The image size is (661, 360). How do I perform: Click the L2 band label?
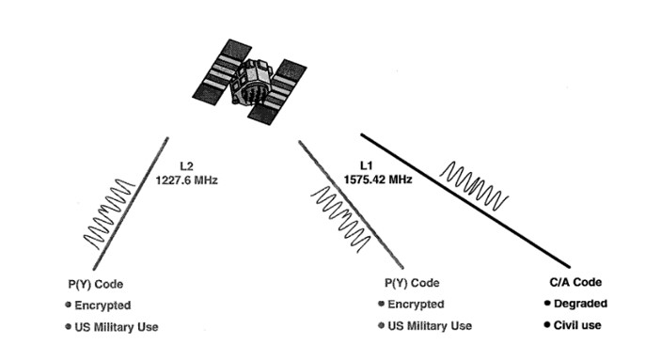tap(186, 166)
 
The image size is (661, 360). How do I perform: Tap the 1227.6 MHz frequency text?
tap(187, 180)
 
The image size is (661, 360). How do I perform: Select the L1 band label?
tap(367, 165)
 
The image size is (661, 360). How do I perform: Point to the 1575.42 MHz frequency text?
tap(378, 180)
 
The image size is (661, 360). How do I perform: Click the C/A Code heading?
tap(575, 282)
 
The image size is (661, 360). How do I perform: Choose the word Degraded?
tap(580, 304)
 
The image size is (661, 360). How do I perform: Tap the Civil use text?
tap(577, 325)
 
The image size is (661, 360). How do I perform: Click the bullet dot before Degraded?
tap(547, 303)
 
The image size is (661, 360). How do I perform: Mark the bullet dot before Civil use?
tap(547, 324)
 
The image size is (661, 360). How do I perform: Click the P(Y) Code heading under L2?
tap(96, 284)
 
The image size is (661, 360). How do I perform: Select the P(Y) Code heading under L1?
tap(412, 283)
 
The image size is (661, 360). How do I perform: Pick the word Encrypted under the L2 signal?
tap(102, 305)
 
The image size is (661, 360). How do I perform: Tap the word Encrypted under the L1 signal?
tap(416, 305)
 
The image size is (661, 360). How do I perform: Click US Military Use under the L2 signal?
tap(117, 327)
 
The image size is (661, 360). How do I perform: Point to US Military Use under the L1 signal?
tap(430, 326)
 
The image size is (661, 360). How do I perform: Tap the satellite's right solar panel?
tap(277, 92)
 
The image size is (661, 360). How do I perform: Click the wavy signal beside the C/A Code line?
tap(474, 186)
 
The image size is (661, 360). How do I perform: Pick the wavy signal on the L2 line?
tap(110, 214)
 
